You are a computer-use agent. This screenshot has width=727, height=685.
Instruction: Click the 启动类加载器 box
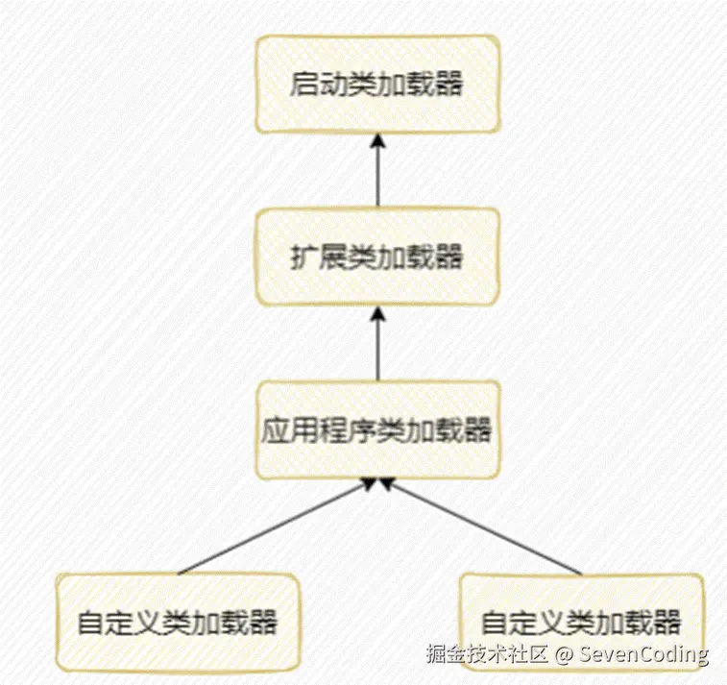(377, 84)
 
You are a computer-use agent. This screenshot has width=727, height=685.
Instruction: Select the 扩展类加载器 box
(377, 257)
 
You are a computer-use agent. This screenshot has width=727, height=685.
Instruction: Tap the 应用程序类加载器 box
(377, 429)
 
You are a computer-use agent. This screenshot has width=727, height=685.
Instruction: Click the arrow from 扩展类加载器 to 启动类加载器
(377, 173)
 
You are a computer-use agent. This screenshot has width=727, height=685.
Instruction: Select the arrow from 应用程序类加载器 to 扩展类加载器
(377, 346)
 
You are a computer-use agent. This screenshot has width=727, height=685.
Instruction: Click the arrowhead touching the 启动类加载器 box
(377, 139)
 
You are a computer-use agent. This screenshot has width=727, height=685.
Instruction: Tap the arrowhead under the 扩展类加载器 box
(377, 312)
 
